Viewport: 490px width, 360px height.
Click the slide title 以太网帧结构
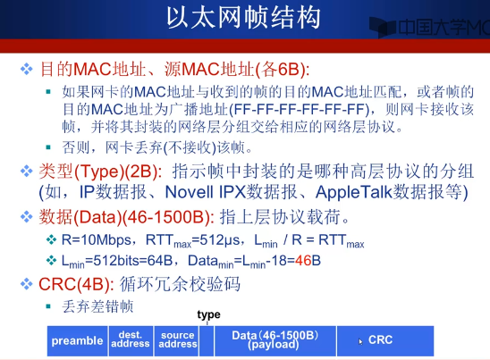(243, 18)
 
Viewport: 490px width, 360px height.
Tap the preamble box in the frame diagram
(77, 340)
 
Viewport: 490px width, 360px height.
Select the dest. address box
(131, 340)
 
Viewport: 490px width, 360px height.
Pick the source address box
(176, 340)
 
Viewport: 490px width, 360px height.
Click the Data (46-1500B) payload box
(275, 340)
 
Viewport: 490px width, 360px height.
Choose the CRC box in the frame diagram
(385, 340)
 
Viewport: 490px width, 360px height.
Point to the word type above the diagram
(208, 314)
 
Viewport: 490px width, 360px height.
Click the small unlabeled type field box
(207, 340)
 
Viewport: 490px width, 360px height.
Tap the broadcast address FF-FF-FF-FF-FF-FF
(299, 109)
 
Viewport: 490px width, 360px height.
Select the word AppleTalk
(354, 192)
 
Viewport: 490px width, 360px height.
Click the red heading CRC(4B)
(76, 284)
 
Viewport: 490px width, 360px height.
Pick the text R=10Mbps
(97, 239)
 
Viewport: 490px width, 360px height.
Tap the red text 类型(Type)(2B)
(100, 172)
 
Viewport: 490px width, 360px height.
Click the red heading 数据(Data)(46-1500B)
(126, 217)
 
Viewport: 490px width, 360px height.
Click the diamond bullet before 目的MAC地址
(27, 69)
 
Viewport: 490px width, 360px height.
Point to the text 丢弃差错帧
(97, 306)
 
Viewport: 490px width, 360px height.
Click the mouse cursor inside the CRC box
(360, 341)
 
